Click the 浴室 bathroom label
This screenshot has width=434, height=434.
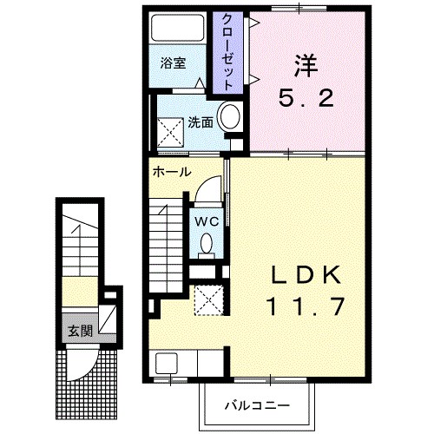pyautogui.click(x=173, y=63)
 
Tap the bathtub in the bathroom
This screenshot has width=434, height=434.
pyautogui.click(x=178, y=28)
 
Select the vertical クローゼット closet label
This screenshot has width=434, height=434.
pyautogui.click(x=227, y=52)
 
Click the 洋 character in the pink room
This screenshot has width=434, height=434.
pyautogui.click(x=306, y=66)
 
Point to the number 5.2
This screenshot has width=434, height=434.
pyautogui.click(x=306, y=98)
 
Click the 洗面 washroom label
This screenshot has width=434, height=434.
pyautogui.click(x=201, y=122)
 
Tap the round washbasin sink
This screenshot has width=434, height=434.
pyautogui.click(x=230, y=116)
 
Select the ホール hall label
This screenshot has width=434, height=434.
pyautogui.click(x=172, y=172)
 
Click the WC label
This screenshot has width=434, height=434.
pyautogui.click(x=207, y=222)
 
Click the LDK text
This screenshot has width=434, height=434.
pyautogui.click(x=306, y=275)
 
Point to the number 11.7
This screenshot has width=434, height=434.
pyautogui.click(x=306, y=306)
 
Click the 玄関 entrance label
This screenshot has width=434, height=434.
pyautogui.click(x=80, y=331)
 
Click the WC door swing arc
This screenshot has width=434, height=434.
pyautogui.click(x=206, y=184)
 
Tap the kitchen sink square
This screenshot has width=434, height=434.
pyautogui.click(x=167, y=363)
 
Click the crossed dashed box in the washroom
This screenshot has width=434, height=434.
pyautogui.click(x=171, y=133)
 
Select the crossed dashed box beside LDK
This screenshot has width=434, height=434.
pyautogui.click(x=209, y=300)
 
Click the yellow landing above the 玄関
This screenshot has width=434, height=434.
pyautogui.click(x=80, y=292)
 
